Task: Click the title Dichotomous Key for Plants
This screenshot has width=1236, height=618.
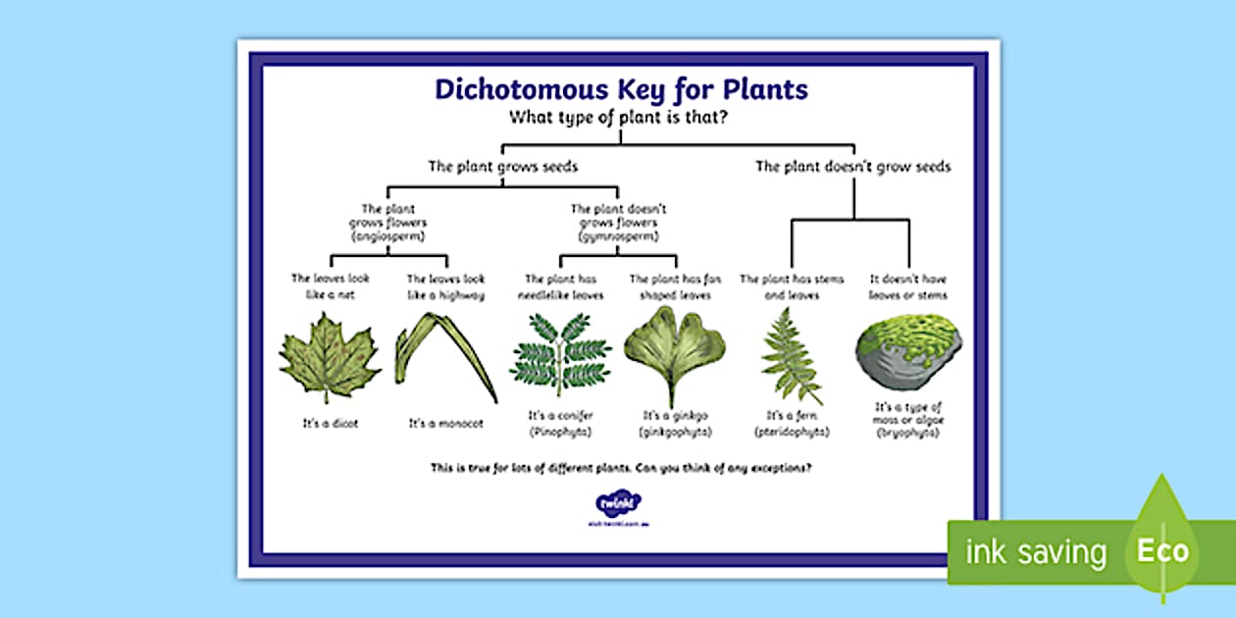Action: [x=621, y=89]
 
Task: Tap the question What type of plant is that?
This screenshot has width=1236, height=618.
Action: [x=620, y=118]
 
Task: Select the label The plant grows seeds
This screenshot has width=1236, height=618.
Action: [x=502, y=166]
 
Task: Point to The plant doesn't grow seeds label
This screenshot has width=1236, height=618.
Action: [x=852, y=166]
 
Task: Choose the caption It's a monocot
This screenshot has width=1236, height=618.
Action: [x=444, y=424]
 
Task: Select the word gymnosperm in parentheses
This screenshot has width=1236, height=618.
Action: [x=619, y=237]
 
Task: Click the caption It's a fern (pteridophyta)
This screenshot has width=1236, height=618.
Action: [x=792, y=423]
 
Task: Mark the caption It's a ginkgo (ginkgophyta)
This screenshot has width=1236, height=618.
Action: [x=675, y=423]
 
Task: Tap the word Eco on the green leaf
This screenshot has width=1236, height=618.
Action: [x=1163, y=550]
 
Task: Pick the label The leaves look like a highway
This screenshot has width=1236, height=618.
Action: [x=445, y=286]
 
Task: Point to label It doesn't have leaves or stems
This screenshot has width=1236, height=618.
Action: [x=909, y=286]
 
